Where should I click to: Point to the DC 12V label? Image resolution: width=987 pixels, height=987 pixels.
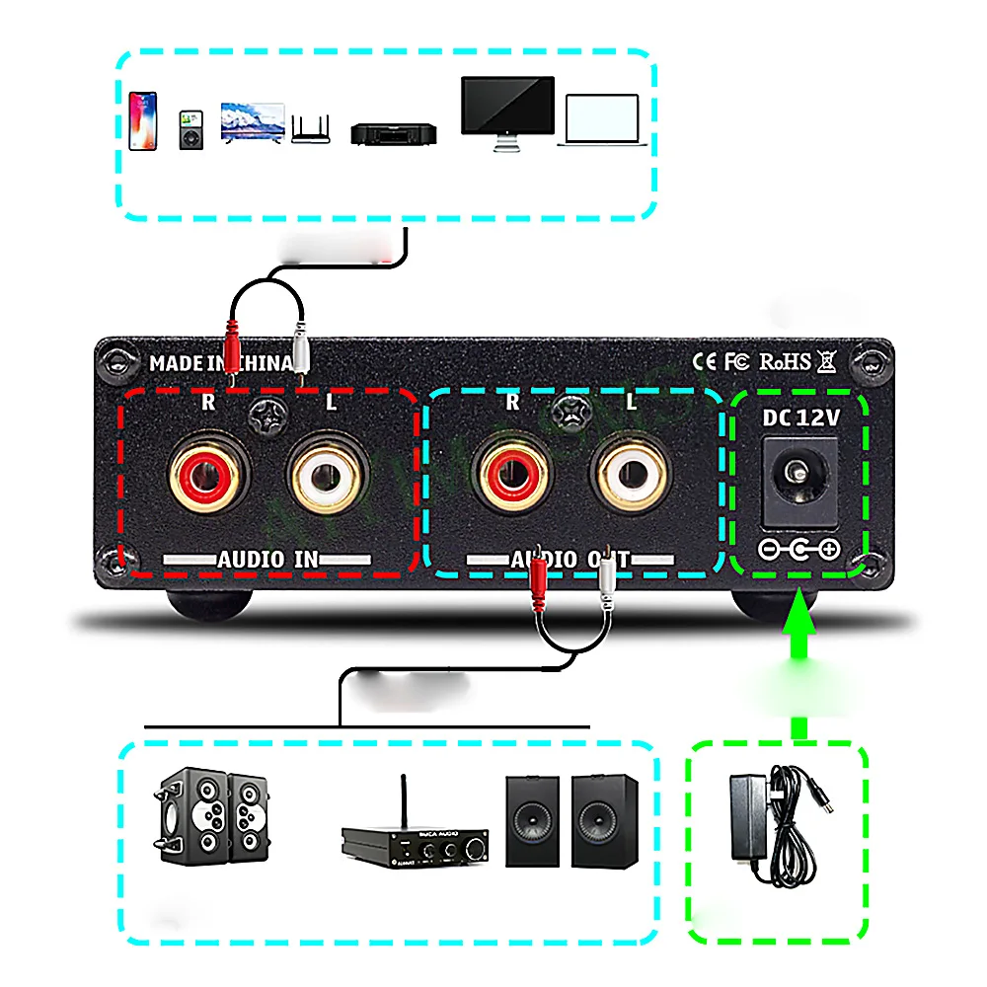point(800,418)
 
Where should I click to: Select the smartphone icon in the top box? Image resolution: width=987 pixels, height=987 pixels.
point(143,120)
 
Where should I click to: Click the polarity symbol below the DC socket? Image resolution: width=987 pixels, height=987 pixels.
point(798,549)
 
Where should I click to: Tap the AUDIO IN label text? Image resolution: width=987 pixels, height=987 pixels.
point(267,560)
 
